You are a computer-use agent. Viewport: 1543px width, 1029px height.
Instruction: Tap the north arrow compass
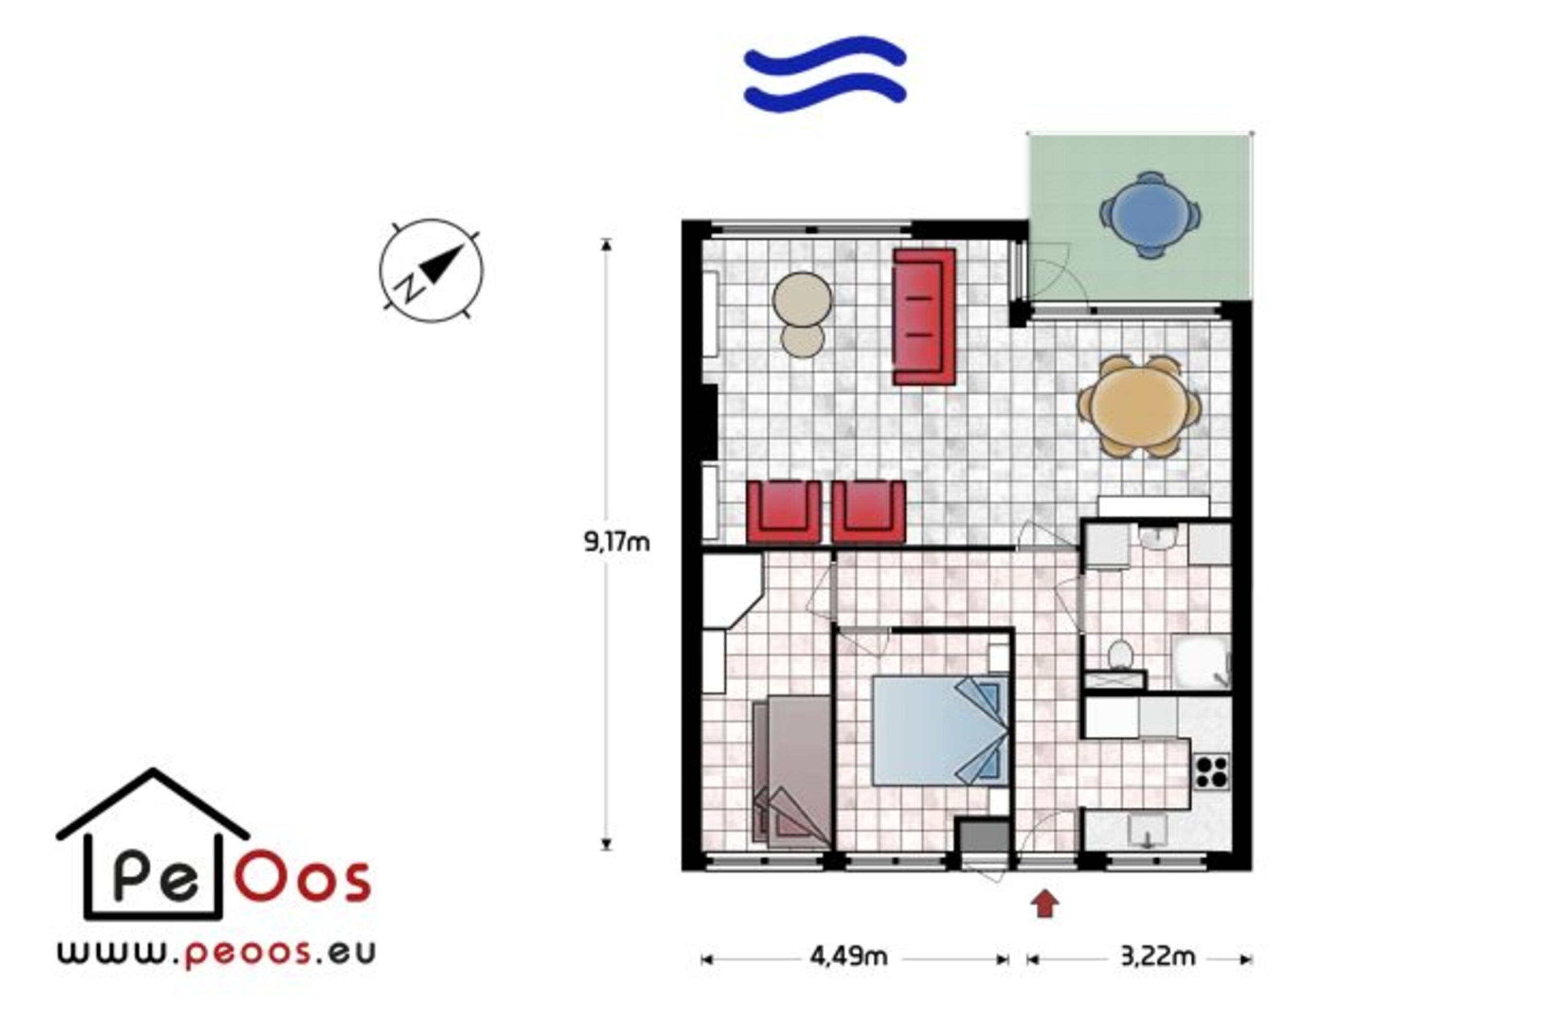pyautogui.click(x=431, y=271)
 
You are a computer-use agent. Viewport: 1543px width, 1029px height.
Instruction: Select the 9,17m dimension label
pyautogui.click(x=617, y=542)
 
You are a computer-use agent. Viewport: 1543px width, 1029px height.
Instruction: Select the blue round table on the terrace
pyautogui.click(x=1150, y=215)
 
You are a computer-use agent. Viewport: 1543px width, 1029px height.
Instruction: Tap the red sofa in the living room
pyautogui.click(x=924, y=316)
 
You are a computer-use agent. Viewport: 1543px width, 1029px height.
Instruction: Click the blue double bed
pyautogui.click(x=940, y=731)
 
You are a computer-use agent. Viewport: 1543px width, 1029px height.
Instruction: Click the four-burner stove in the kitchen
pyautogui.click(x=1211, y=772)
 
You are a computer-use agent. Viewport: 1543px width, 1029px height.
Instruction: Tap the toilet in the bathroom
pyautogui.click(x=1121, y=655)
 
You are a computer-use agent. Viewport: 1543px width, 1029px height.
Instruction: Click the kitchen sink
pyautogui.click(x=1147, y=831)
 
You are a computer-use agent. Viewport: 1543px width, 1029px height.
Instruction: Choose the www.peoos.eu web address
pyautogui.click(x=217, y=953)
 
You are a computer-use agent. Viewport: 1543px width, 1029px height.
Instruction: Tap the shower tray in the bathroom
pyautogui.click(x=1200, y=662)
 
